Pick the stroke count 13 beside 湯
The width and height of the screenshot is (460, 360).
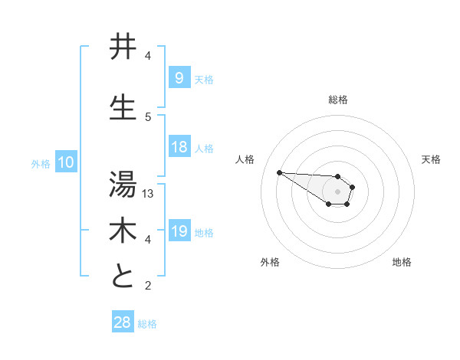click(149, 194)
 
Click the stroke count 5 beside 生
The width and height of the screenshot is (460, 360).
click(148, 116)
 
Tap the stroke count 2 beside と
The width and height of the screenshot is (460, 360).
click(148, 286)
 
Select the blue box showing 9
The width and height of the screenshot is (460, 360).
click(179, 78)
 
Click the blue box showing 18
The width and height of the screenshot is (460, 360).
click(179, 148)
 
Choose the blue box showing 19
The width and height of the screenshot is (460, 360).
click(179, 232)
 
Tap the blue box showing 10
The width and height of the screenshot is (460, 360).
click(65, 162)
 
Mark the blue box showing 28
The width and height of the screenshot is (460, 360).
click(122, 323)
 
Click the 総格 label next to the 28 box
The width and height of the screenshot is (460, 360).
click(147, 324)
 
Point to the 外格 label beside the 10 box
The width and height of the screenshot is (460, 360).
click(40, 163)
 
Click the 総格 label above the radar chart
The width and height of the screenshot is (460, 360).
click(338, 100)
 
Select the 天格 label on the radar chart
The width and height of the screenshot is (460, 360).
click(431, 159)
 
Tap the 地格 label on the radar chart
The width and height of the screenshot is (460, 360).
click(402, 262)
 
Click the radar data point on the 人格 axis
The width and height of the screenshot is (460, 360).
click(279, 172)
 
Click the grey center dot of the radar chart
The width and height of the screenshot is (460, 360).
click(337, 191)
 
